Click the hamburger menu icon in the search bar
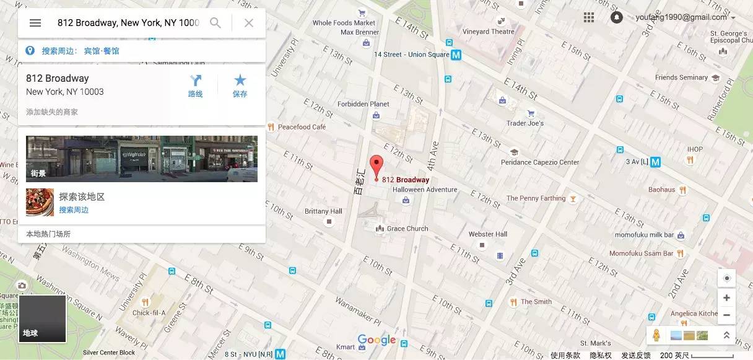(x=35, y=23)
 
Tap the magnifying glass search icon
(x=215, y=23)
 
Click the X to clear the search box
(x=248, y=23)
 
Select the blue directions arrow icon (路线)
(x=196, y=81)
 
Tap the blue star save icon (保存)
(x=240, y=81)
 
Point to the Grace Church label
(x=407, y=229)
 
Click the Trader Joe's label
(x=524, y=123)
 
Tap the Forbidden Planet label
(x=363, y=104)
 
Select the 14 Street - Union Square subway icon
(x=456, y=55)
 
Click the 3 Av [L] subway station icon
(x=655, y=162)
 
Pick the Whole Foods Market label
(x=344, y=23)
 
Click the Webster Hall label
(x=488, y=234)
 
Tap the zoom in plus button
(x=726, y=298)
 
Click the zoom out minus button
(x=726, y=315)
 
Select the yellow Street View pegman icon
(x=656, y=335)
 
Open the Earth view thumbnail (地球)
(x=42, y=318)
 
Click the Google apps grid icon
(x=588, y=17)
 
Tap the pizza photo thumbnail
(x=40, y=202)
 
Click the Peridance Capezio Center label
(x=539, y=162)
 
